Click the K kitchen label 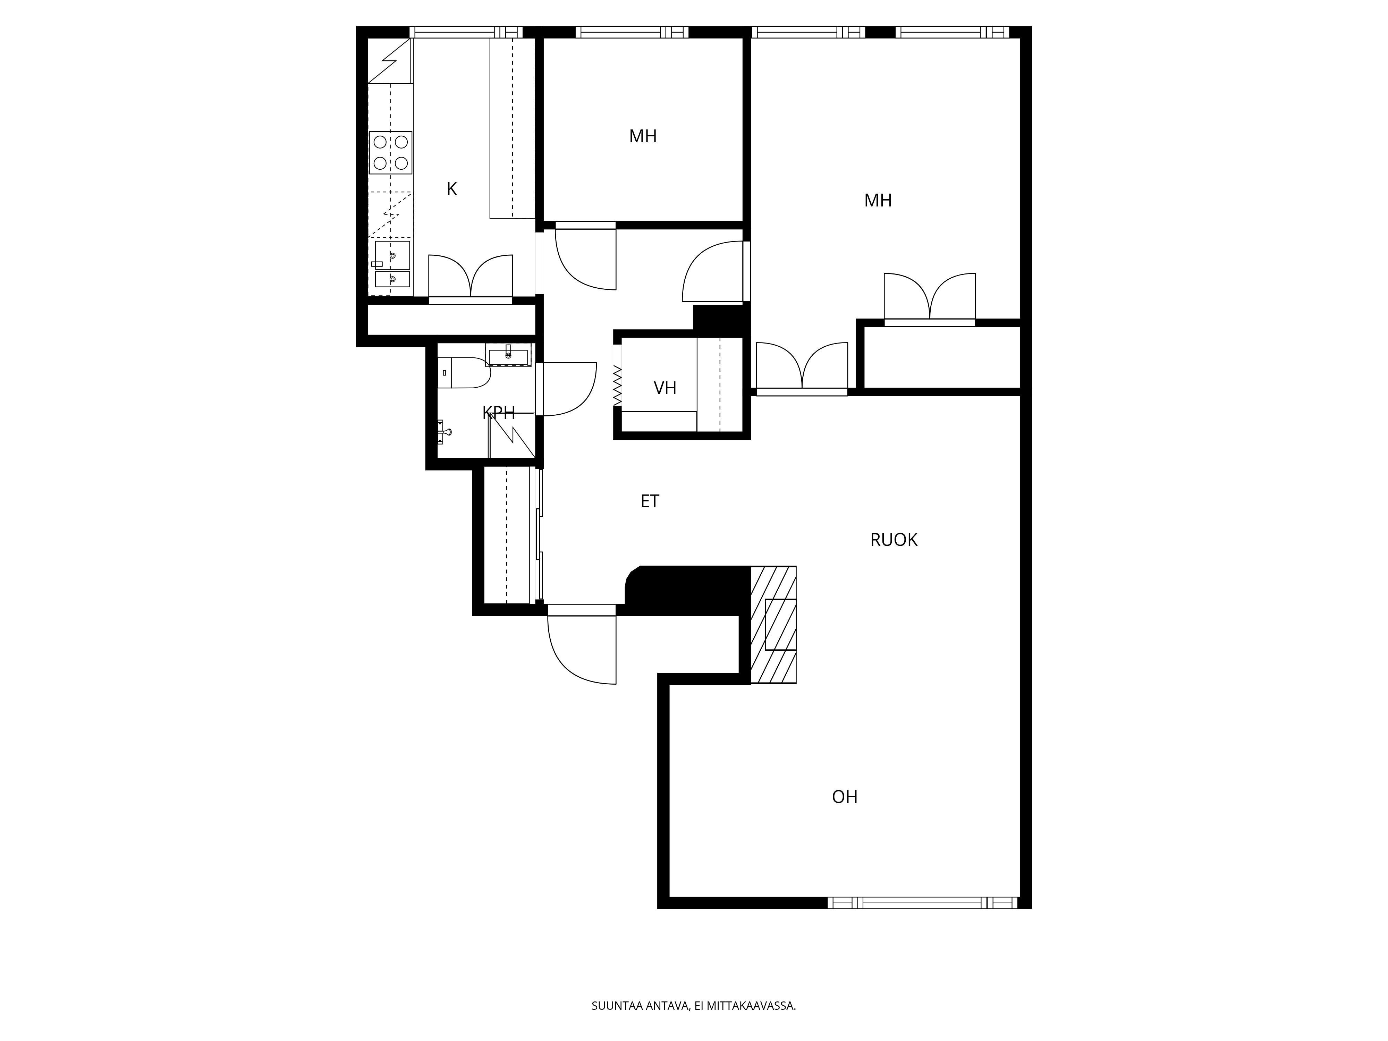click(x=452, y=189)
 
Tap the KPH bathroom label click(x=499, y=413)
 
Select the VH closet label click(x=665, y=388)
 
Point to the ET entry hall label click(x=650, y=501)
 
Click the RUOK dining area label click(x=894, y=540)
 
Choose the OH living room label click(x=845, y=797)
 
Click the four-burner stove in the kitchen click(x=390, y=152)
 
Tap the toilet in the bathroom click(x=463, y=373)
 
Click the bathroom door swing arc click(x=568, y=389)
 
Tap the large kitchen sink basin click(x=392, y=255)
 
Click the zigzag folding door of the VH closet click(x=617, y=384)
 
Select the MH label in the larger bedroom click(x=878, y=201)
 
